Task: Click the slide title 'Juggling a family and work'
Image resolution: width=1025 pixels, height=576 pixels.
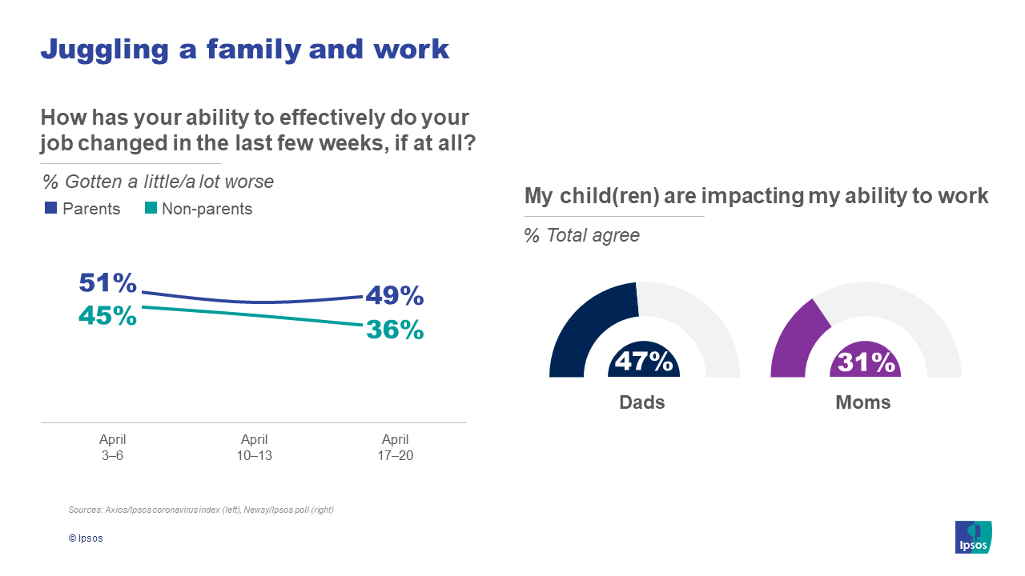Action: coord(244,49)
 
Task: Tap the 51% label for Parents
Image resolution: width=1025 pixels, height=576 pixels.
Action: coord(108,282)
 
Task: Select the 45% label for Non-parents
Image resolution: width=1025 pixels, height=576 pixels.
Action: coord(108,315)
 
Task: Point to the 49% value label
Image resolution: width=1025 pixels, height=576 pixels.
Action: coord(395,296)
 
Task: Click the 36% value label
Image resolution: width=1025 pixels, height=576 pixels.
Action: coord(395,329)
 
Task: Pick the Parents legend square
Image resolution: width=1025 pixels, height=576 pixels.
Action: coord(50,209)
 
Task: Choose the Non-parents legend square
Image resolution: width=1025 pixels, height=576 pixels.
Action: coord(151,209)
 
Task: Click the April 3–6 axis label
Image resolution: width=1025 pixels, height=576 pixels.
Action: coord(112,447)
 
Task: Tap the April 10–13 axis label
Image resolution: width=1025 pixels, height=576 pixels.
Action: coord(254,447)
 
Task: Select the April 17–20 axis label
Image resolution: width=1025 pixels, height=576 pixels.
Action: coord(396,447)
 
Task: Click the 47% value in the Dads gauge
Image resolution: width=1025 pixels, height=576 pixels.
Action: coord(644,362)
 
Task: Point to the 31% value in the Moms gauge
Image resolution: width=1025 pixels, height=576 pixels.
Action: coord(866,362)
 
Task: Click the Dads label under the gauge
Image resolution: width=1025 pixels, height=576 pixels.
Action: coord(642,402)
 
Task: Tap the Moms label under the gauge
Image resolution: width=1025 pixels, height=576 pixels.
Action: coord(863,402)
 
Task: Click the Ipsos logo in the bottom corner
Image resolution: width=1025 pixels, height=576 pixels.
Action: coord(973,537)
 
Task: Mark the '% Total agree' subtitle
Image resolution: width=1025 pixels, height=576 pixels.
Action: coord(581,236)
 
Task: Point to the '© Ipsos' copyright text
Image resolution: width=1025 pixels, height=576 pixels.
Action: coord(86,538)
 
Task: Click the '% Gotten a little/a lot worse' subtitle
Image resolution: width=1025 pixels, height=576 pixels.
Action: coord(158,182)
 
